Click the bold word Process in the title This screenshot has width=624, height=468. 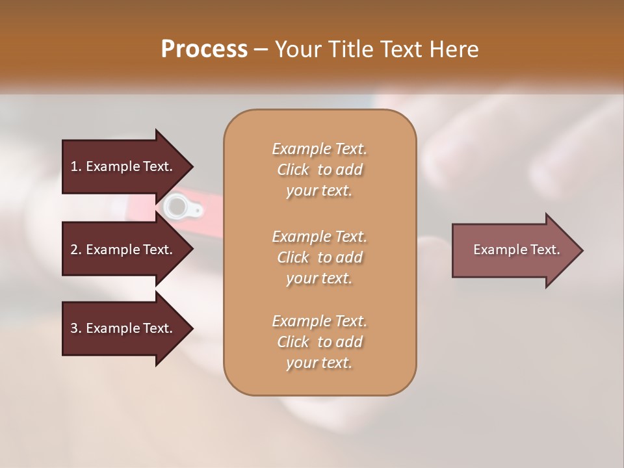click(204, 49)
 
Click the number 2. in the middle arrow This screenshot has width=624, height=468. click(76, 250)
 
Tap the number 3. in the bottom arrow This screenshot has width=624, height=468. click(76, 328)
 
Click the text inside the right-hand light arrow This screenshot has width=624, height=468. click(516, 250)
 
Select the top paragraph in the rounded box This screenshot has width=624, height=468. click(319, 170)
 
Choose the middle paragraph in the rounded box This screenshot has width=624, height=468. click(319, 257)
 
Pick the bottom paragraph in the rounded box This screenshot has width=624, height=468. click(319, 342)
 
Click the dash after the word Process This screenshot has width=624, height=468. click(261, 50)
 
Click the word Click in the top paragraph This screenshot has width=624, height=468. click(293, 170)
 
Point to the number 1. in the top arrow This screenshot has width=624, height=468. click(76, 166)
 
